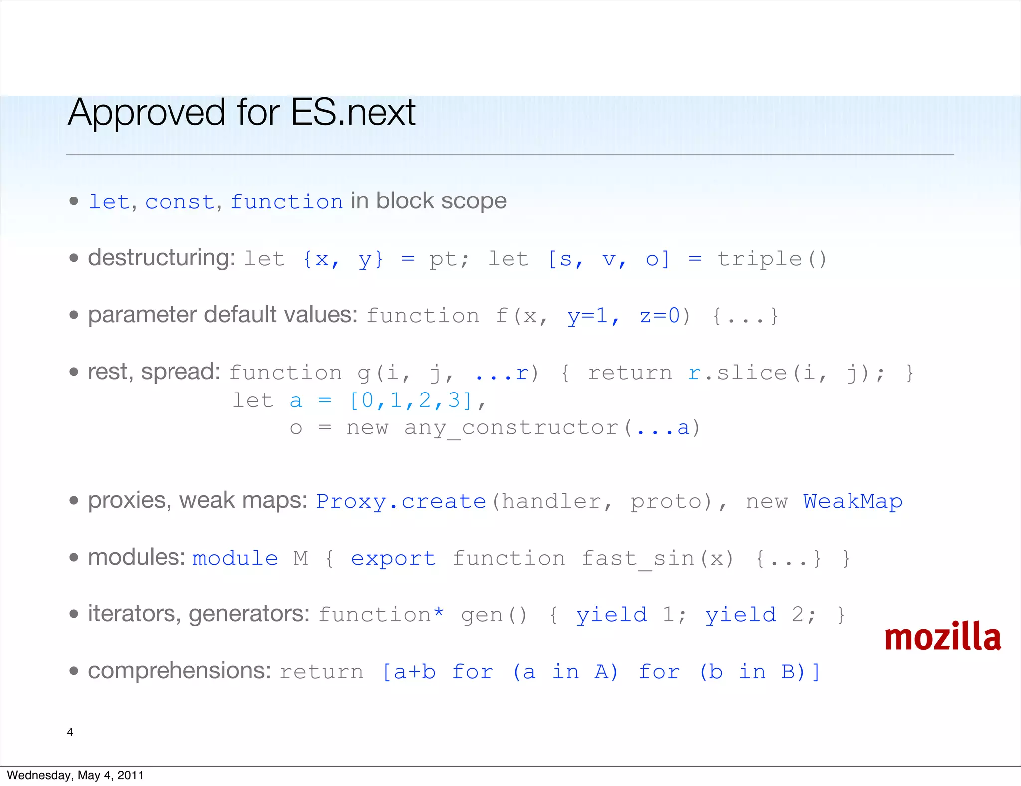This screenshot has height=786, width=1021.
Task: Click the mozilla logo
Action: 942,637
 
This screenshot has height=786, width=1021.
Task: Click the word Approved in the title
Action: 147,113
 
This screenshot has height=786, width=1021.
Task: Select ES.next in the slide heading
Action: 353,113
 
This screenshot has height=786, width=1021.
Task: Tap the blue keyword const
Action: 179,202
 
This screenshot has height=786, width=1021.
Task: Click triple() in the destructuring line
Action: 772,259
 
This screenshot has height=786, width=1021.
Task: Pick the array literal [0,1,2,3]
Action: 411,400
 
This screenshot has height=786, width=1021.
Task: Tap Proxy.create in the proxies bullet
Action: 401,502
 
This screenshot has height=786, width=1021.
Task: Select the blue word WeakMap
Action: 852,502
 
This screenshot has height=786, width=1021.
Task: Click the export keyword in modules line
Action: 393,559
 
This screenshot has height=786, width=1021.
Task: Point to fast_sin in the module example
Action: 638,559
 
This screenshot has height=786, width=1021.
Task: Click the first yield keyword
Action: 612,615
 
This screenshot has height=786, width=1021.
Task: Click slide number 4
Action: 70,732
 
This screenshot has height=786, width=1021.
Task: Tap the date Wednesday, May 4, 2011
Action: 75,775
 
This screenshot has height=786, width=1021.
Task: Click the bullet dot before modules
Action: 74,558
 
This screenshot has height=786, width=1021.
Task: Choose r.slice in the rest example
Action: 737,373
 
